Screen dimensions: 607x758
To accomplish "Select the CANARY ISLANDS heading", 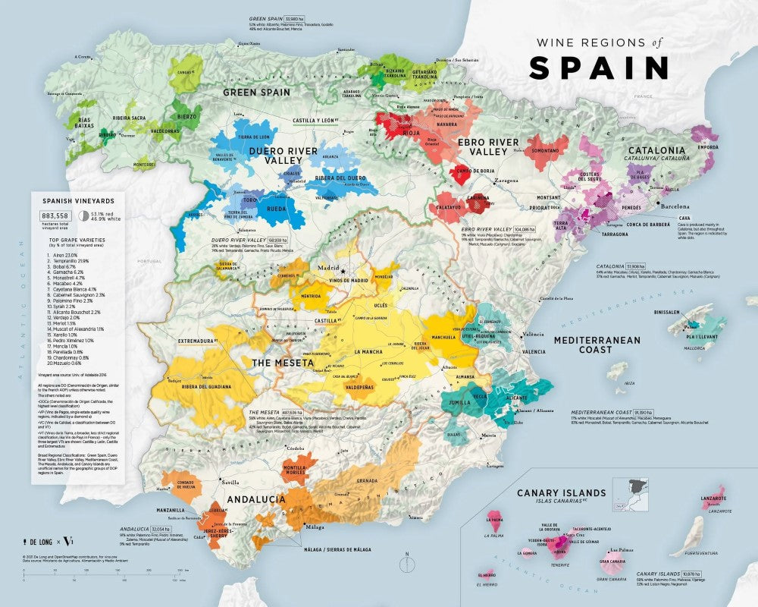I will (561, 492).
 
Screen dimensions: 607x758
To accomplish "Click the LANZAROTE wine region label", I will (713, 498).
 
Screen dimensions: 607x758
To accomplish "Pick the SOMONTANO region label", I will (545, 150).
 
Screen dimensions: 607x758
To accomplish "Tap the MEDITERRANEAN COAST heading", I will (597, 345).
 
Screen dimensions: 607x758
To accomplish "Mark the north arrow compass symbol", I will (406, 564).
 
